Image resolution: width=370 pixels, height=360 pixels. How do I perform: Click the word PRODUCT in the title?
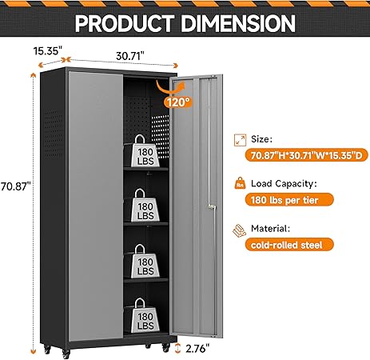click(x=125, y=23)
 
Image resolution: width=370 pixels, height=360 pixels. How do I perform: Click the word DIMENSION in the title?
click(x=238, y=23)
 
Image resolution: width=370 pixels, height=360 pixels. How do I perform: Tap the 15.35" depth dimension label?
click(x=48, y=50)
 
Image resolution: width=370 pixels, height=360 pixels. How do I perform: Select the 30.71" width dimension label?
click(x=130, y=56)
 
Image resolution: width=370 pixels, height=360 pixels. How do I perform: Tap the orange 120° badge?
click(x=178, y=102)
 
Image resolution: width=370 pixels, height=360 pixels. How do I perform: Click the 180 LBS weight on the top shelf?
click(x=145, y=151)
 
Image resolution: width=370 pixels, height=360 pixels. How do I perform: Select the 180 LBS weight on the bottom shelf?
click(x=145, y=316)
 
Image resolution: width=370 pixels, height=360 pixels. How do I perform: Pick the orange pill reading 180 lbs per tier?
click(x=289, y=200)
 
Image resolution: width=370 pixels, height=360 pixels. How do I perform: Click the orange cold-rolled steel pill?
click(x=289, y=245)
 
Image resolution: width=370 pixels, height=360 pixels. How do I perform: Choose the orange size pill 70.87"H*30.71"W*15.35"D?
click(x=306, y=155)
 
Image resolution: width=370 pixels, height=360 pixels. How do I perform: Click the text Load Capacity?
click(x=284, y=184)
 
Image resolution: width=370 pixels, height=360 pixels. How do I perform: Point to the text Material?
click(x=270, y=229)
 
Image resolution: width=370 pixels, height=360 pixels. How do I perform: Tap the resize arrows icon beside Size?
click(x=240, y=140)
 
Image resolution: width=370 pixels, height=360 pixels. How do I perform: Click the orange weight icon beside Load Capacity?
click(x=240, y=183)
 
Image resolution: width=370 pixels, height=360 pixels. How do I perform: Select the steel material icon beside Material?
click(x=239, y=230)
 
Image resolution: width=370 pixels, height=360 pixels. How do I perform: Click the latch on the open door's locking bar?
click(x=212, y=206)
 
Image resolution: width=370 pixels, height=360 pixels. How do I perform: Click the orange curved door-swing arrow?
click(x=169, y=90)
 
